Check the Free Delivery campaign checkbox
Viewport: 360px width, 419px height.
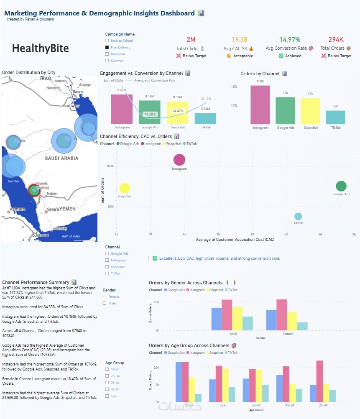pyautogui.click(x=107, y=47)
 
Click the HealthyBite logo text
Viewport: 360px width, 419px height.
pyautogui.click(x=41, y=49)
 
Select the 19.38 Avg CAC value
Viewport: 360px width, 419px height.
pyautogui.click(x=239, y=40)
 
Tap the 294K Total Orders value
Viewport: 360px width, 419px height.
pyautogui.click(x=336, y=40)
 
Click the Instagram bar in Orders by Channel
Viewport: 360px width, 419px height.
pyautogui.click(x=260, y=105)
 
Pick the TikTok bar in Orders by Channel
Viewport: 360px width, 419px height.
pyautogui.click(x=335, y=118)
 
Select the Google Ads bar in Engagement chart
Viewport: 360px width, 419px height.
pyautogui.click(x=150, y=112)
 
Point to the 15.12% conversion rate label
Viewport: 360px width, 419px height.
pyautogui.click(x=206, y=99)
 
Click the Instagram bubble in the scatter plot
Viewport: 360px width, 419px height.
pyautogui.click(x=179, y=159)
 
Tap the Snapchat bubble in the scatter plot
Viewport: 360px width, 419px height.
pyautogui.click(x=125, y=189)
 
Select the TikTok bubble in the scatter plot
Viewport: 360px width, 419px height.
pyautogui.click(x=298, y=216)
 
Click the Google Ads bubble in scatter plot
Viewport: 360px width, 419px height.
pyautogui.click(x=341, y=186)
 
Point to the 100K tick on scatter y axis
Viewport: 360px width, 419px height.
pyautogui.click(x=110, y=166)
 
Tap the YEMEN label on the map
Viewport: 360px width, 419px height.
pyautogui.click(x=67, y=209)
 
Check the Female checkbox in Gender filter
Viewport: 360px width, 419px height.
pyautogui.click(x=105, y=296)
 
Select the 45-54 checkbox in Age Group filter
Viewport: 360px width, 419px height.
pyautogui.click(x=107, y=389)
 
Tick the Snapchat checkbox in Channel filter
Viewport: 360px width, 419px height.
pyautogui.click(x=107, y=267)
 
